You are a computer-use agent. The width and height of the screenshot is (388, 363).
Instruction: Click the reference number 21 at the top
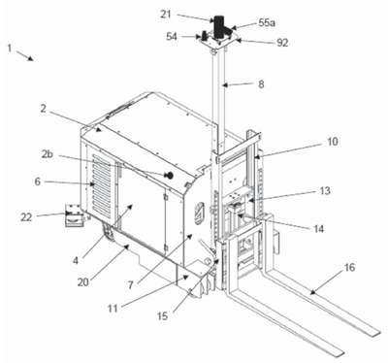coord(166,15)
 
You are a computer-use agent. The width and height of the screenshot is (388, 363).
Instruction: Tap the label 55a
coord(267,22)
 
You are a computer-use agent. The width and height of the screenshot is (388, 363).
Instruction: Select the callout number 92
coord(282,43)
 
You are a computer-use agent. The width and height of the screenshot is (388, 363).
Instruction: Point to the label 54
coord(172,37)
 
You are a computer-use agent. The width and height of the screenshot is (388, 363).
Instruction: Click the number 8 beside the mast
coord(261,84)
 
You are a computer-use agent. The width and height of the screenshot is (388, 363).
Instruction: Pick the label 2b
coord(48,154)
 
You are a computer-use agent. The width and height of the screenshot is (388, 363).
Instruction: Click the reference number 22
coord(26,217)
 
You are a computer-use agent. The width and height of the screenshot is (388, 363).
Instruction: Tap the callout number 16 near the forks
coord(349,268)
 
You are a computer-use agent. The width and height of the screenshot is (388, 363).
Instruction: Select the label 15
coord(163,316)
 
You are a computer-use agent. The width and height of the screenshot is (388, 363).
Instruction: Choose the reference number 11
coord(113,309)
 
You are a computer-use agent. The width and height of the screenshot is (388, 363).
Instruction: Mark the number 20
coord(83,282)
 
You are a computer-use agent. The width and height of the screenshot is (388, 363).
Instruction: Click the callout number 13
coord(325,190)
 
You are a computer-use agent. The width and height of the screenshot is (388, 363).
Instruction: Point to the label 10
coord(332,142)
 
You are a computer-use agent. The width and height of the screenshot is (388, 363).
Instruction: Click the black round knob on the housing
coord(169,176)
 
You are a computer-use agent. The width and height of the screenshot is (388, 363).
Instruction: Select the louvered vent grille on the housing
coord(101,185)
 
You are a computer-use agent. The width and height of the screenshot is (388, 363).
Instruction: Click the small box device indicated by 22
coord(73,215)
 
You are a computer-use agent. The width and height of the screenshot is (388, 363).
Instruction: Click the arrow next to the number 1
coord(24,55)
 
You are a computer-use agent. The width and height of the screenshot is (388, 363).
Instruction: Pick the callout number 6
coord(38,181)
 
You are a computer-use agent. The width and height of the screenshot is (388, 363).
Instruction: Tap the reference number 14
coord(318,229)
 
